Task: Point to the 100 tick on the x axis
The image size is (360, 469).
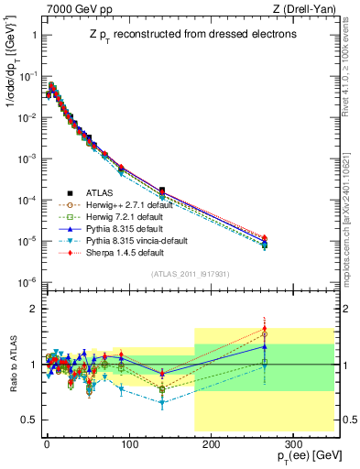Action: [x=128, y=442]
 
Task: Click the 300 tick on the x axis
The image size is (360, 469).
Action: [x=293, y=442]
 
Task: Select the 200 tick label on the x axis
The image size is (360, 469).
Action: [x=211, y=442]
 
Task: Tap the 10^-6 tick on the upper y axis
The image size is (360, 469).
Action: [x=25, y=282]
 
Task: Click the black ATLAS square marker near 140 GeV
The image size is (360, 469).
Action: [x=161, y=190]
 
